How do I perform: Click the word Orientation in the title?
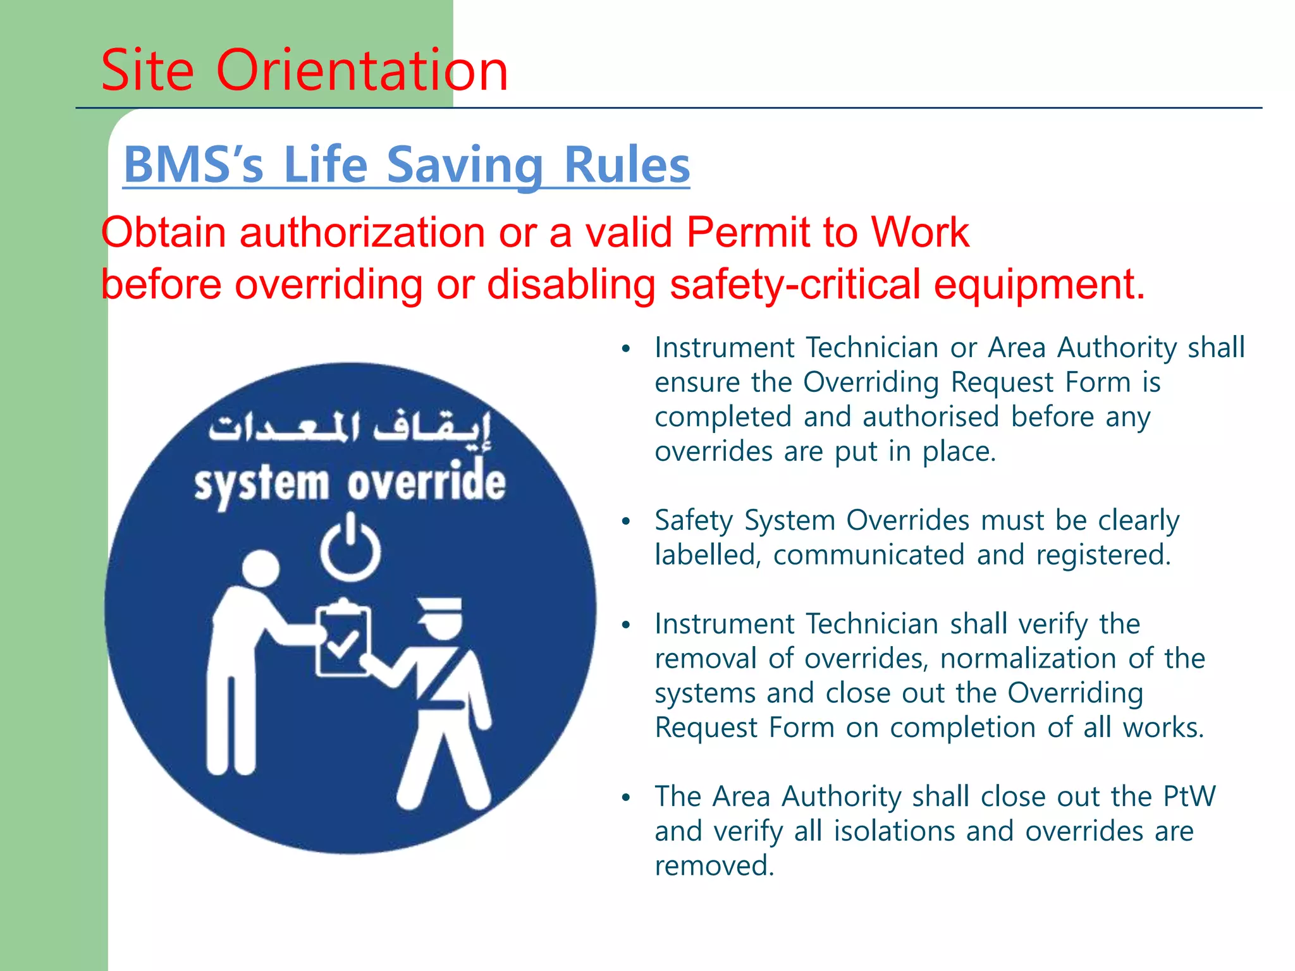click(x=362, y=70)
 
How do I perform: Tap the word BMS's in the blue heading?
click(x=193, y=165)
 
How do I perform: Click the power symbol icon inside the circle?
click(x=350, y=547)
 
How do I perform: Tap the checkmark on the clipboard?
click(x=342, y=645)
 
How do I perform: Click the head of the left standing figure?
click(x=260, y=568)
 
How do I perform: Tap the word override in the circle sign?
click(x=426, y=483)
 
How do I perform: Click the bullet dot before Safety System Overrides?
click(x=626, y=522)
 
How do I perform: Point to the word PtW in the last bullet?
click(x=1189, y=797)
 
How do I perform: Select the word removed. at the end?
click(x=714, y=865)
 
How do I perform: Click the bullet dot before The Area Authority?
click(x=626, y=798)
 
